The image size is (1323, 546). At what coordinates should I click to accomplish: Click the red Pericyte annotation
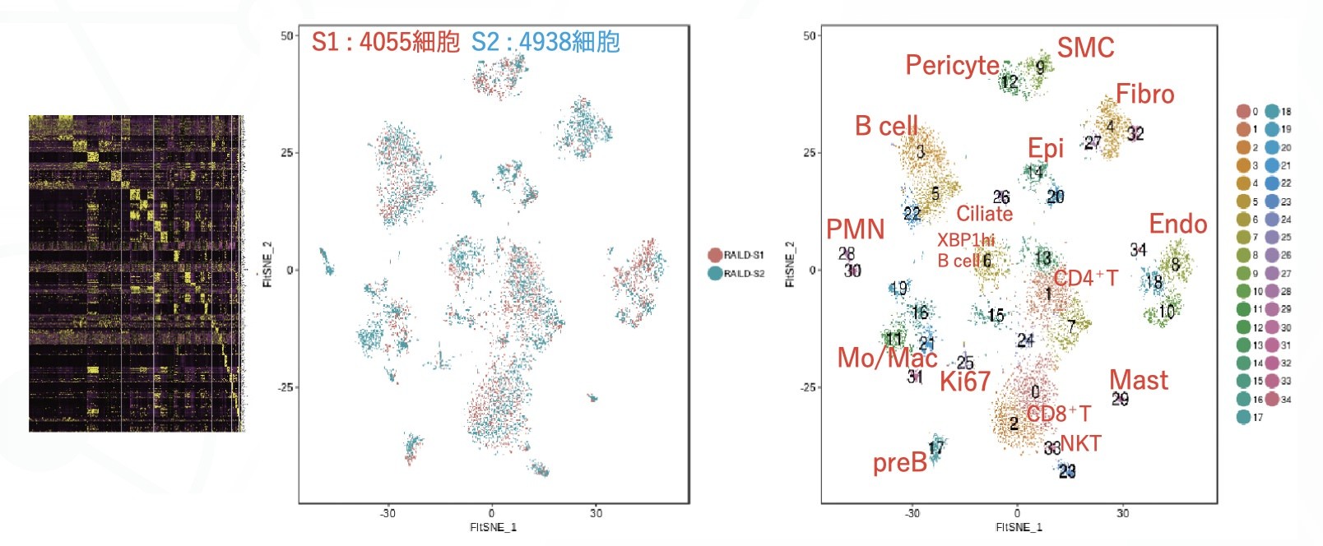tap(952, 65)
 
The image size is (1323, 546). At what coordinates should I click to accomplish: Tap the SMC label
tap(1085, 48)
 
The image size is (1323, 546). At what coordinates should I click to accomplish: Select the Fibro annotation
tap(1144, 94)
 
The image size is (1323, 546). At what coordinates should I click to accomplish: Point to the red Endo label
tap(1177, 224)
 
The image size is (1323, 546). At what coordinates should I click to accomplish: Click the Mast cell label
tap(1138, 380)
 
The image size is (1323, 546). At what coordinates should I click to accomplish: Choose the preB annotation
tap(899, 463)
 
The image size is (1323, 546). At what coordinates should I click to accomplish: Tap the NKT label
tap(1080, 444)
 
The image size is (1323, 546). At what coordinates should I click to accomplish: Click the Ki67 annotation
tap(964, 382)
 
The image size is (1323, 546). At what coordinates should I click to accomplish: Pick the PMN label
tap(855, 229)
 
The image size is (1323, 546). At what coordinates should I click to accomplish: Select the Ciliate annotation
tap(984, 214)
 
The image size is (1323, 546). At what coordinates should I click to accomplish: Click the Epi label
tap(1045, 148)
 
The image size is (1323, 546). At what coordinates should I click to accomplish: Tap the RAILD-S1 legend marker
tap(714, 255)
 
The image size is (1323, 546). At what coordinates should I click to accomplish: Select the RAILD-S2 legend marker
tap(714, 273)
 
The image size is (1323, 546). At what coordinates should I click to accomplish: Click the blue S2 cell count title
tap(545, 42)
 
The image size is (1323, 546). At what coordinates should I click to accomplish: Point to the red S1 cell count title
tap(385, 42)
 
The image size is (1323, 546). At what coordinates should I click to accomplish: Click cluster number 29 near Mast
tap(1120, 399)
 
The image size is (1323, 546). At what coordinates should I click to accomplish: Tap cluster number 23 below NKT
tap(1066, 471)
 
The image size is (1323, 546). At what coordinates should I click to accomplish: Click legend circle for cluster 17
tap(1243, 417)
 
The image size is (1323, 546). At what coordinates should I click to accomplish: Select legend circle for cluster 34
tap(1272, 399)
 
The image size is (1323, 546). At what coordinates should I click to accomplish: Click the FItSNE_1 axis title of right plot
tap(1019, 527)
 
